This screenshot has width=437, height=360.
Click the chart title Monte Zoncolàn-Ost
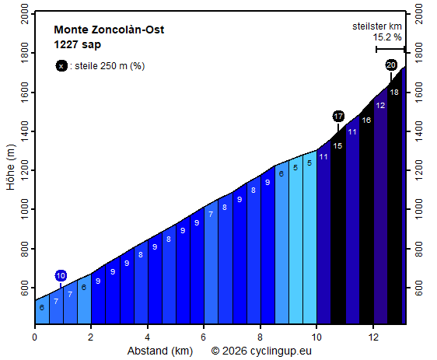(x=109, y=30)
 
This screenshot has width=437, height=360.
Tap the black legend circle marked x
(x=61, y=66)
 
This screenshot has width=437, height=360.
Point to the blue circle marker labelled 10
(x=61, y=275)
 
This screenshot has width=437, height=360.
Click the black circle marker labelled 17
(x=338, y=116)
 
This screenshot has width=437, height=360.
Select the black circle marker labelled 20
(x=391, y=65)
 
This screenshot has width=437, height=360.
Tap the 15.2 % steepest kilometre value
(x=386, y=37)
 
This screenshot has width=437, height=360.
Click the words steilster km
(x=376, y=26)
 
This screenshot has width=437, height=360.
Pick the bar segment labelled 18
(x=394, y=202)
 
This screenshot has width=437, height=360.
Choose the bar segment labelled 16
(x=366, y=218)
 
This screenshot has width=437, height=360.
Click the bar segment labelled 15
(x=337, y=225)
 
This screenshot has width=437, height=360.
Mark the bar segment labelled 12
(x=380, y=210)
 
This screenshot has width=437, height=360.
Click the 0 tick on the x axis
(x=34, y=337)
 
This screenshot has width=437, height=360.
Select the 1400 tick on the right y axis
(x=419, y=131)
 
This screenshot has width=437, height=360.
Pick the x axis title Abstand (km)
(x=159, y=351)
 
